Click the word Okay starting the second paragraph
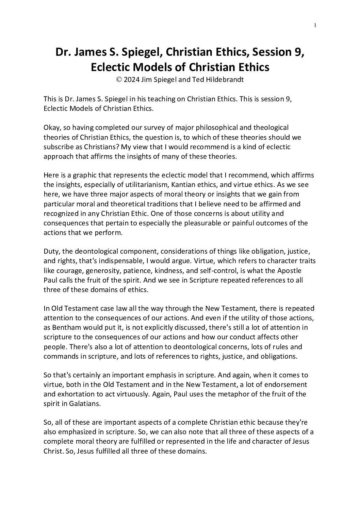tap(52, 128)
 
